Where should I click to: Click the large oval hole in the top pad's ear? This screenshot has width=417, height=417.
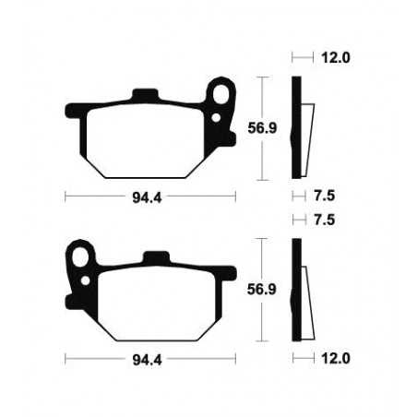click(222, 96)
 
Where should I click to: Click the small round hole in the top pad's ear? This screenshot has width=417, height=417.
click(218, 118)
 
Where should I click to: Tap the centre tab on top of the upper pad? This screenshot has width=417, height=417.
click(146, 95)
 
